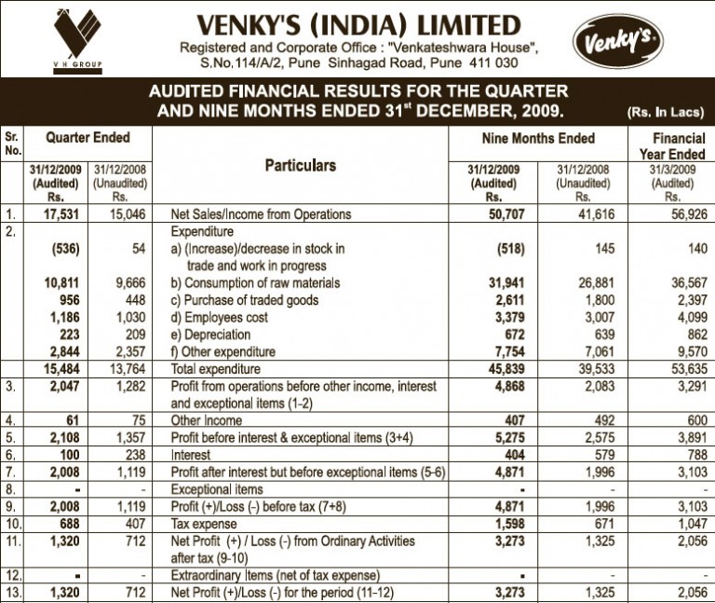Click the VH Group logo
[x=78, y=36]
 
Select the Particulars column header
[x=301, y=166]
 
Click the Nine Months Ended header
[x=538, y=139]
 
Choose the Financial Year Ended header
[x=672, y=146]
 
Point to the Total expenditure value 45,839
[x=492, y=368]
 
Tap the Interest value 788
[x=692, y=455]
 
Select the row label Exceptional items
[x=215, y=489]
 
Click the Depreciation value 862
[x=692, y=334]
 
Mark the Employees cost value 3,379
[x=495, y=317]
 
